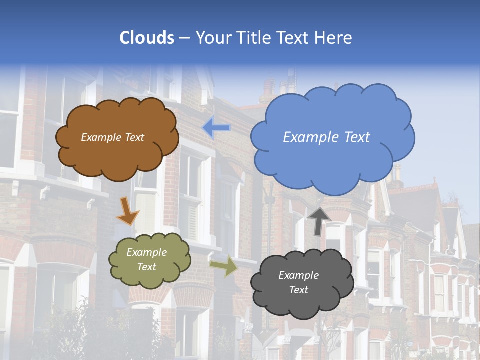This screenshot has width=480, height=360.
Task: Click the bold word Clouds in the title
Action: [147, 38]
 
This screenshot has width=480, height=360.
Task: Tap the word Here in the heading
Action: [335, 38]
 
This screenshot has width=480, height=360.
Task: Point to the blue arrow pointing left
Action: [216, 128]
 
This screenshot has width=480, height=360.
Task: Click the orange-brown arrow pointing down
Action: [127, 211]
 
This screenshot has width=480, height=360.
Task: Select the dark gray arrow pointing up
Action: [319, 220]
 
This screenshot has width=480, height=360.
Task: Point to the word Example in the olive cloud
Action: [146, 253]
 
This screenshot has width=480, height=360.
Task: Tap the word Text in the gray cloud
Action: [299, 290]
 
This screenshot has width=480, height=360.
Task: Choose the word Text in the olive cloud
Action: [146, 267]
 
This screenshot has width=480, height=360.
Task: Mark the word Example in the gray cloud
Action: [298, 275]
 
